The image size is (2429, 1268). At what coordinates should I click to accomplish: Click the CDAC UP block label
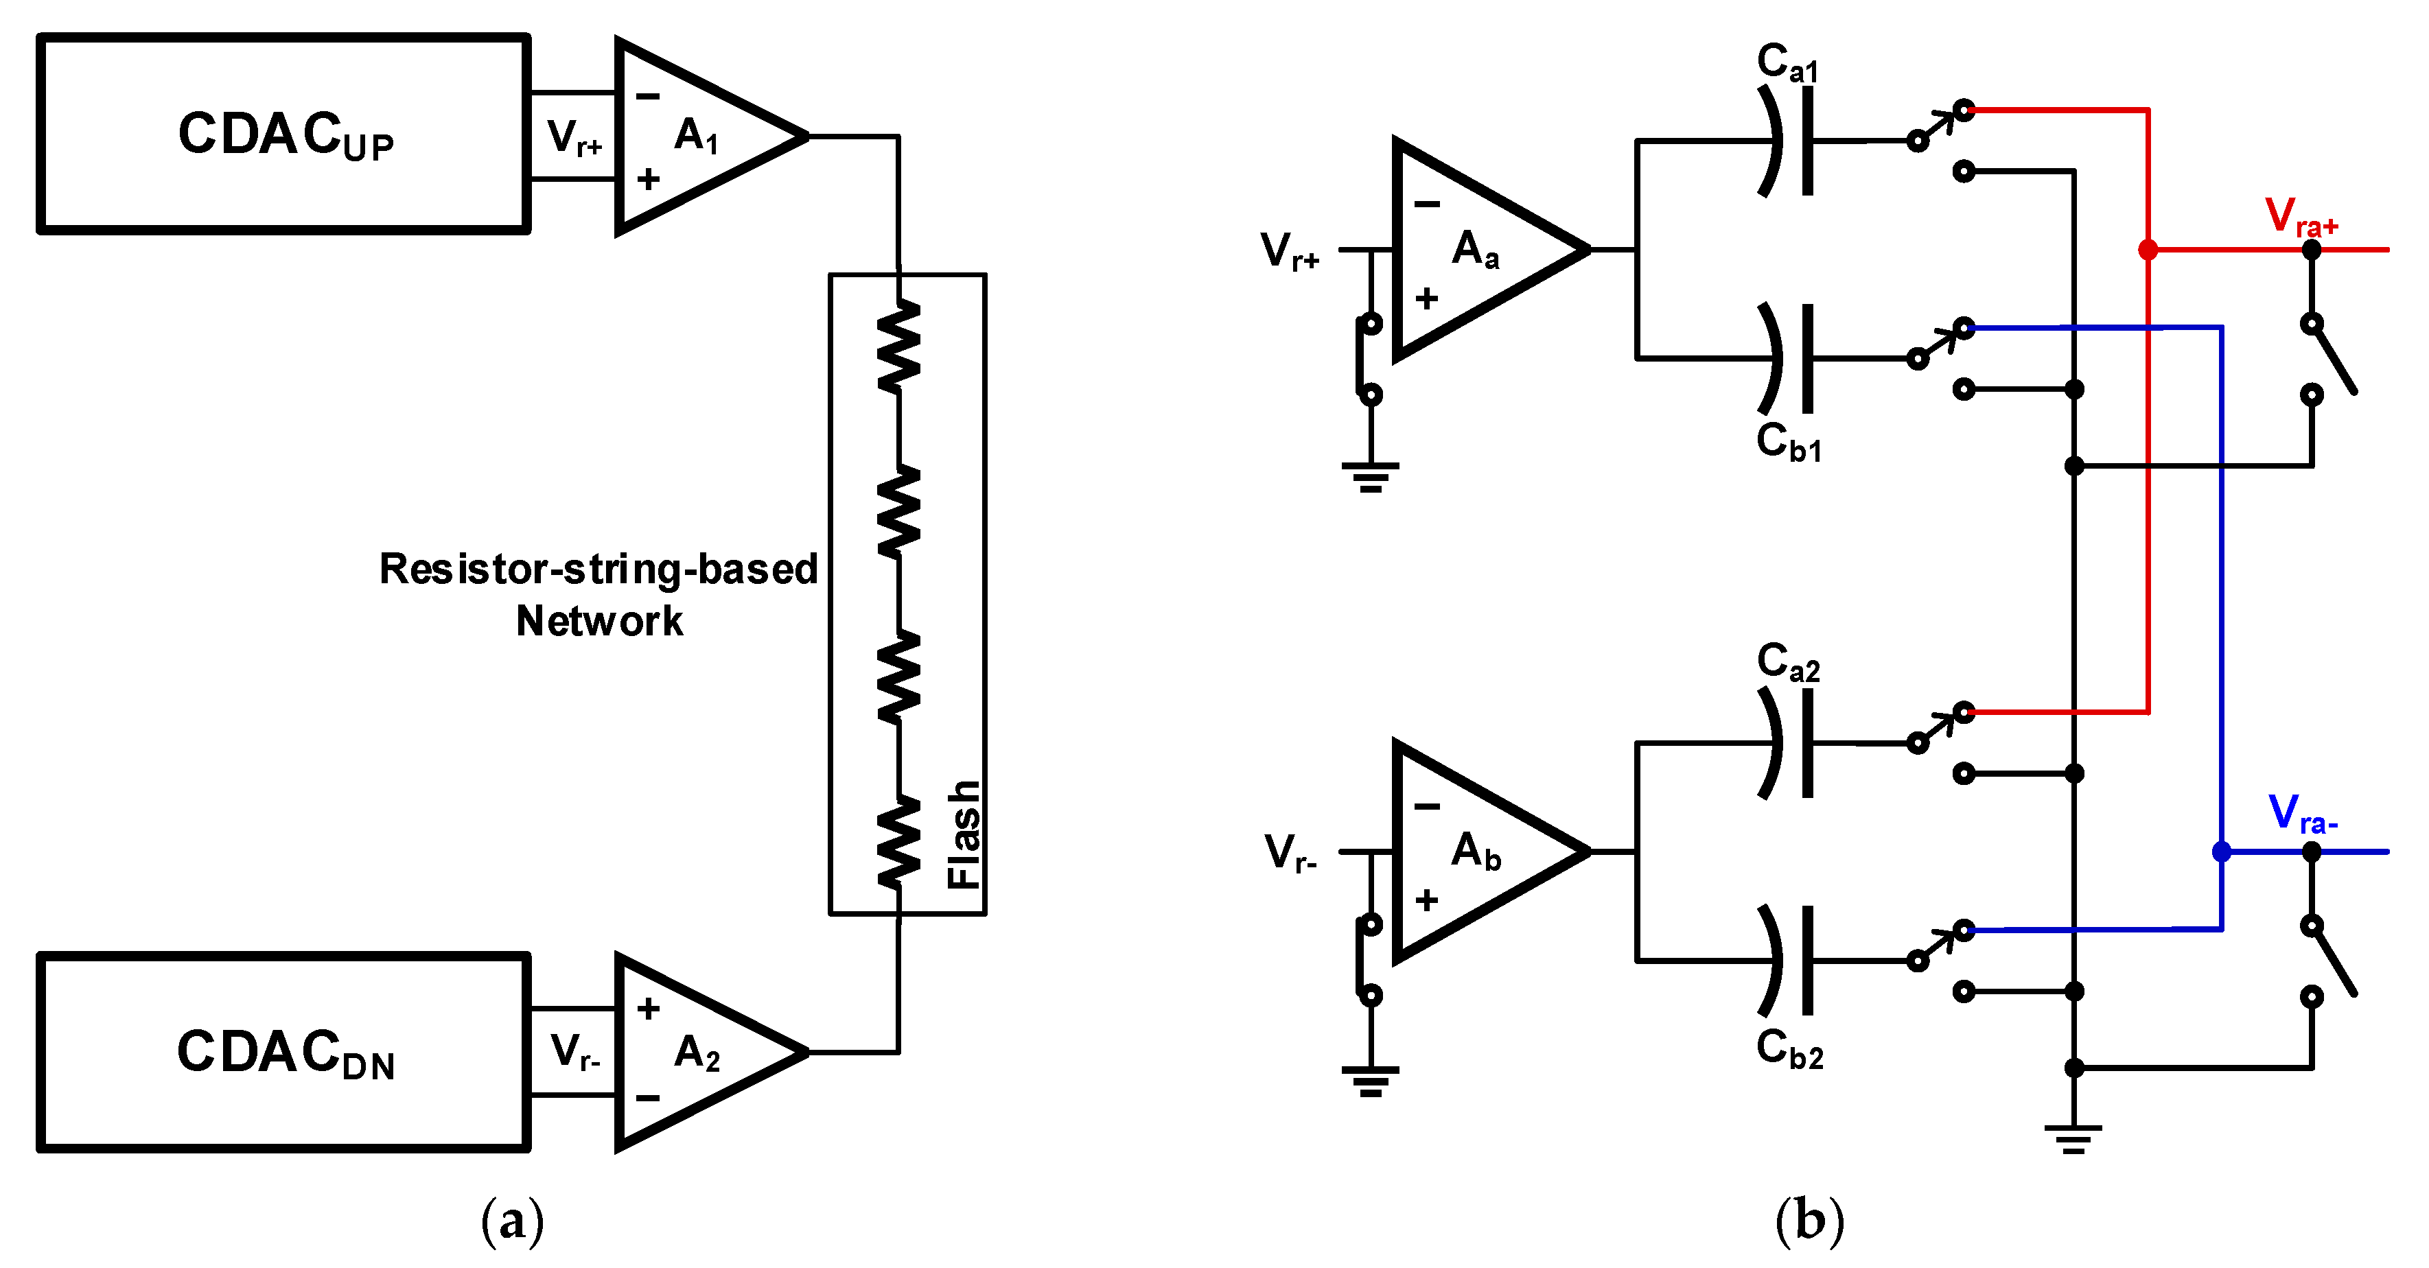285,134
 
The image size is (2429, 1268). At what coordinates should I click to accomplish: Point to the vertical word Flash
964,834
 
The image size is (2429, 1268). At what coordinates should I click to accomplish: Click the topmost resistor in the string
898,344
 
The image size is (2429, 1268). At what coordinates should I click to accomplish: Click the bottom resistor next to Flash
898,841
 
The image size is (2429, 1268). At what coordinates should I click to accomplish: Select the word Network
600,621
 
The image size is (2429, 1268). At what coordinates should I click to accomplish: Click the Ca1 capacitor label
1787,62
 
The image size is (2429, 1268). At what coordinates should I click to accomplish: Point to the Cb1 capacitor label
1788,442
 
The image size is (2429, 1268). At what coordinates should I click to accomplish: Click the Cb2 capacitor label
1789,1048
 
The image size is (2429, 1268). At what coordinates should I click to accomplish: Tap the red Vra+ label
2301,217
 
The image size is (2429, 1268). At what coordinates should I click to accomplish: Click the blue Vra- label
2302,814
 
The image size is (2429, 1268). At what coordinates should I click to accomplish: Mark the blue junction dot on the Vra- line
2222,852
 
